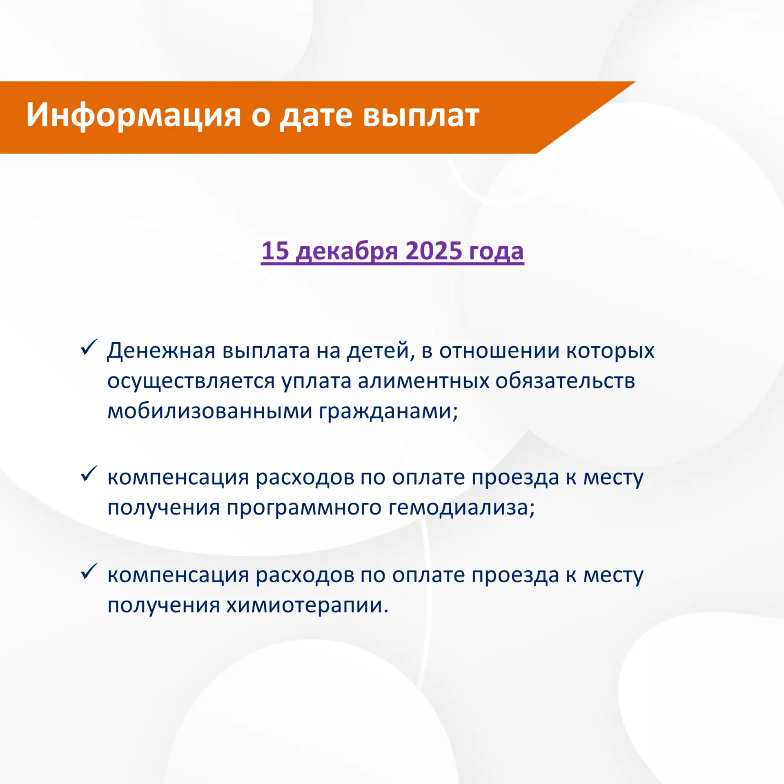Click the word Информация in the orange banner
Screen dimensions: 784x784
click(x=134, y=116)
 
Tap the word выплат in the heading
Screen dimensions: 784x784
click(x=421, y=116)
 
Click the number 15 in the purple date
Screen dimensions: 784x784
click(x=275, y=250)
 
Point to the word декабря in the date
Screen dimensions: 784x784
click(x=347, y=251)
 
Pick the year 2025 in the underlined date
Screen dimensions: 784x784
click(x=434, y=250)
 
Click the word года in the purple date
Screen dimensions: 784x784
click(x=496, y=252)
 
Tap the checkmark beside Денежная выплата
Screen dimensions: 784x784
click(x=89, y=347)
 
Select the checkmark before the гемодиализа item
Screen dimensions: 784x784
click(x=89, y=474)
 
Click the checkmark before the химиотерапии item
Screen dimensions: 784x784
click(x=89, y=571)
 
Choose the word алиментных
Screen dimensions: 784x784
click(x=423, y=381)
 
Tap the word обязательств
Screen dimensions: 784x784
click(x=565, y=381)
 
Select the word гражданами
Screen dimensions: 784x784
click(x=388, y=412)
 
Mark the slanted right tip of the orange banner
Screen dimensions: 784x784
click(x=635, y=82)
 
